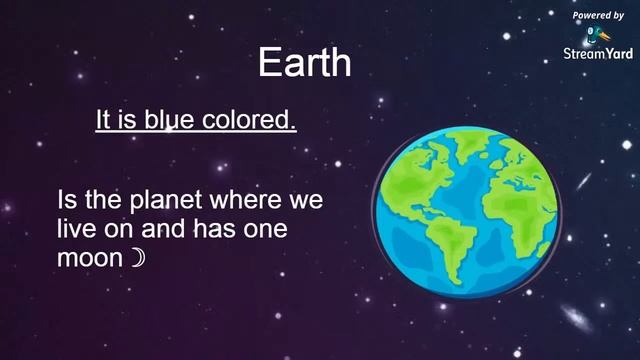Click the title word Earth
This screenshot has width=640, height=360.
[x=304, y=63]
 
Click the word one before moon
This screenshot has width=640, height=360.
[x=265, y=230]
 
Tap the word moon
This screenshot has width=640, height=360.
[x=91, y=258]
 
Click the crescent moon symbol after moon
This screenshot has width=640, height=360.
[x=138, y=258]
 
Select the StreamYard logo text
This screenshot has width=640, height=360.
[x=598, y=53]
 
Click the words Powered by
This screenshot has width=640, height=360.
[x=598, y=16]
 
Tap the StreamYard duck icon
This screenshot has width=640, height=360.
[x=598, y=34]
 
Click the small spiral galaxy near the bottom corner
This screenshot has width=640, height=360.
[x=578, y=318]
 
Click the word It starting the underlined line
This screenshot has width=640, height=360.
[x=103, y=121]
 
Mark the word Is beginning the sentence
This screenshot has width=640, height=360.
[x=67, y=201]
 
